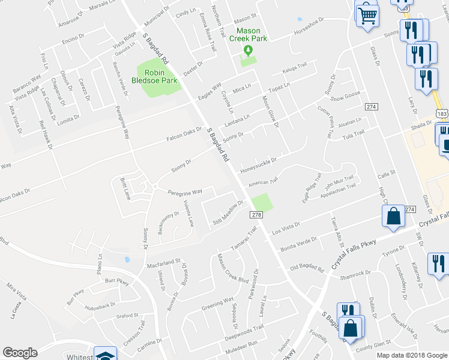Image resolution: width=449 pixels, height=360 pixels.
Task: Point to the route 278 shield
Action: [x=256, y=215]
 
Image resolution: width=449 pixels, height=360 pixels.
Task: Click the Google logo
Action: [x=20, y=353]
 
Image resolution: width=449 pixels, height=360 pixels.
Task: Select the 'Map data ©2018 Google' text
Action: [x=411, y=355]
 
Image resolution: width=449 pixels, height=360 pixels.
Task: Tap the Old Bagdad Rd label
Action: [x=307, y=266]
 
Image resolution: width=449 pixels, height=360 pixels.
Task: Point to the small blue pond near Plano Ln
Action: [x=127, y=260]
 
